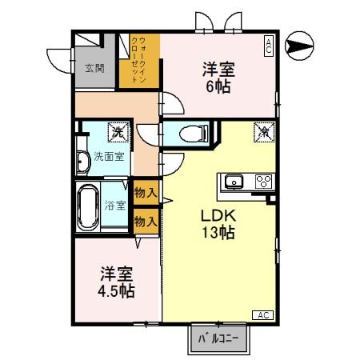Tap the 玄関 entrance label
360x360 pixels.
point(94,68)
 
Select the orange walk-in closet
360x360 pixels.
point(139,61)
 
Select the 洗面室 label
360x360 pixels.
point(108,156)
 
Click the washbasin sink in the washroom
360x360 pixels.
point(82,160)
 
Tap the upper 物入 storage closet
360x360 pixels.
point(145,194)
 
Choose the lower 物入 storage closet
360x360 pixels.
point(145,220)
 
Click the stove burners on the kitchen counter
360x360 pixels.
point(262,181)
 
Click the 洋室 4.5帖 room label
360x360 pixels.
point(117,282)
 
